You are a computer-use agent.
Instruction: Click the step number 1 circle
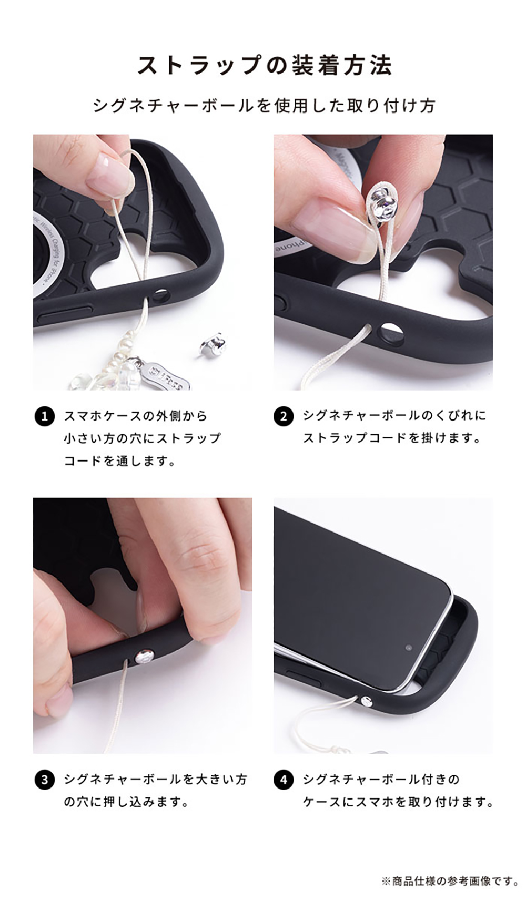click(45, 417)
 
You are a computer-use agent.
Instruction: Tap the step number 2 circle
click(283, 417)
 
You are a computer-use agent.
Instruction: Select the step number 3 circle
click(45, 780)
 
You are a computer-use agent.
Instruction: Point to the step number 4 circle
click(283, 780)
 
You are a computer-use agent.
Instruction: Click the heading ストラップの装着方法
click(265, 66)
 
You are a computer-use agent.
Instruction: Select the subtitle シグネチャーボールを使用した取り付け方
click(264, 106)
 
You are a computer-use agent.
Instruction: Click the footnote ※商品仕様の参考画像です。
click(450, 882)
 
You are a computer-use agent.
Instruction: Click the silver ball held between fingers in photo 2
click(383, 203)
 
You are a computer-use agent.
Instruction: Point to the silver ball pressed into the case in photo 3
click(145, 656)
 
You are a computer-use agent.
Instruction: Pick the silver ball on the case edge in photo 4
click(366, 701)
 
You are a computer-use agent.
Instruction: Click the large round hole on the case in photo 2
click(392, 333)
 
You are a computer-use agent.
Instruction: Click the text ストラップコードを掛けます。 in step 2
click(392, 438)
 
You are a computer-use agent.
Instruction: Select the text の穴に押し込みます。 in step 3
click(126, 803)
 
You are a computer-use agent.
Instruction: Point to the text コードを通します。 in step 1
click(119, 461)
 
